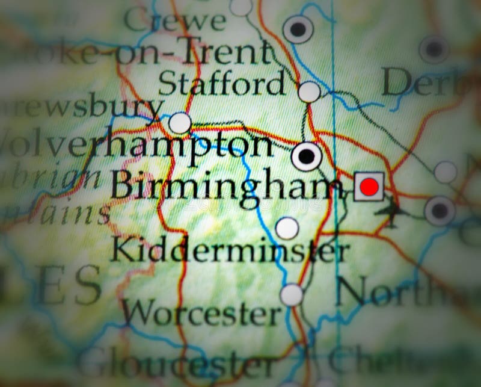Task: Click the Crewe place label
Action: (x=174, y=20)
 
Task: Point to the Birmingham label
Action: (x=222, y=185)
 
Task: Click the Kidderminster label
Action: (x=229, y=249)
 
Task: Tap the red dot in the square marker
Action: (x=369, y=187)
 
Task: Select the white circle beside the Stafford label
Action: (x=309, y=91)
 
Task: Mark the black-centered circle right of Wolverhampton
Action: (x=307, y=156)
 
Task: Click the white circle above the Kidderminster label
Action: (x=287, y=228)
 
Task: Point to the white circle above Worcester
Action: (x=292, y=294)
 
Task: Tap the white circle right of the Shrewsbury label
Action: (x=180, y=123)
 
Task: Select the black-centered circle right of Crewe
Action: (x=298, y=29)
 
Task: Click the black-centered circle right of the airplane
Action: (x=440, y=211)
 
